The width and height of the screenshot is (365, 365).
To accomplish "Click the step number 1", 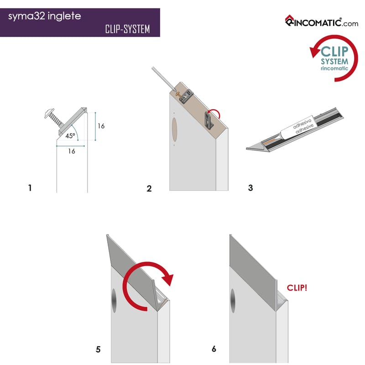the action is click(x=30, y=188).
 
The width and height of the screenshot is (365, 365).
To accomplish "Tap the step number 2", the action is click(x=149, y=188).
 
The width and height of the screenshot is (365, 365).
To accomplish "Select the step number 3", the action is click(x=250, y=188).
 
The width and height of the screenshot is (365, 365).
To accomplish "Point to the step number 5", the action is click(x=98, y=349).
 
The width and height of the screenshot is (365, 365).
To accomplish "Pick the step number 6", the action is click(x=214, y=349).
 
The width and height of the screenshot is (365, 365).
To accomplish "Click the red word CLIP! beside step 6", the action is click(x=297, y=288).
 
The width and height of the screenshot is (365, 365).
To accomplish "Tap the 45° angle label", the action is click(x=70, y=136).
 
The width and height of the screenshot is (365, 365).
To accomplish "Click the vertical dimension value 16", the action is click(x=101, y=126).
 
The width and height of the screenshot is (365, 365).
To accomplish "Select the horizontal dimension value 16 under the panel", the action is click(x=72, y=151).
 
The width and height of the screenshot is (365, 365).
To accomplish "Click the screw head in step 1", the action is click(x=49, y=113).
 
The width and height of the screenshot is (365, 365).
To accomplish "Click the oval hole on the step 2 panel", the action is click(x=174, y=130).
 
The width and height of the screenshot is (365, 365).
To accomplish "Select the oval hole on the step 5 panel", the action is click(x=114, y=301).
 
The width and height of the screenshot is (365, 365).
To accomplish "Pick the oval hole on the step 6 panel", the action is click(x=233, y=301).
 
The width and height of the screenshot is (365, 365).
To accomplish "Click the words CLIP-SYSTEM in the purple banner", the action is click(x=127, y=29).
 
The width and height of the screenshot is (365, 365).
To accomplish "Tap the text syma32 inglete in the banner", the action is click(x=44, y=16).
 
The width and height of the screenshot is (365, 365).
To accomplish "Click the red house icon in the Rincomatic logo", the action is click(x=289, y=20).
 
